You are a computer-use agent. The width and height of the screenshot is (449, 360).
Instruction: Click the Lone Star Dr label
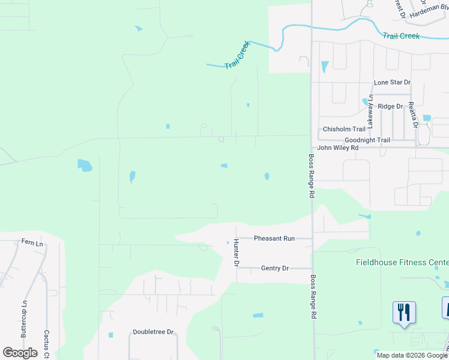(392, 82)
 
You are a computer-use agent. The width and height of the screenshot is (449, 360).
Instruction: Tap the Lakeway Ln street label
(370, 111)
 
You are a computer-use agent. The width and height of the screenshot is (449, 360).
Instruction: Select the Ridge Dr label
(390, 106)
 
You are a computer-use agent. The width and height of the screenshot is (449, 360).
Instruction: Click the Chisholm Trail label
(344, 129)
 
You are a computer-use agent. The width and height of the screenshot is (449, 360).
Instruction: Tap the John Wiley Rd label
(337, 148)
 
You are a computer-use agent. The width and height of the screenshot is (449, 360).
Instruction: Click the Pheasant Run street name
(274, 238)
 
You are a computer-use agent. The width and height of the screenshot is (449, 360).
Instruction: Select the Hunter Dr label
(237, 253)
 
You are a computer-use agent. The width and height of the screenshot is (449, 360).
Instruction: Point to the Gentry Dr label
(275, 268)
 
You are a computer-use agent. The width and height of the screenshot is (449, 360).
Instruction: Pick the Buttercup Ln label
(25, 321)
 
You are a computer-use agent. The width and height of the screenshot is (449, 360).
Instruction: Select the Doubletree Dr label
(153, 332)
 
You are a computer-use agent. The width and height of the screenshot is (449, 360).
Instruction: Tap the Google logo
(20, 353)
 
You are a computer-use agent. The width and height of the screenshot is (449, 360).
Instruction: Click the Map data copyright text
(412, 355)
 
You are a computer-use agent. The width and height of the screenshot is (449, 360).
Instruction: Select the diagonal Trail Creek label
(237, 55)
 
